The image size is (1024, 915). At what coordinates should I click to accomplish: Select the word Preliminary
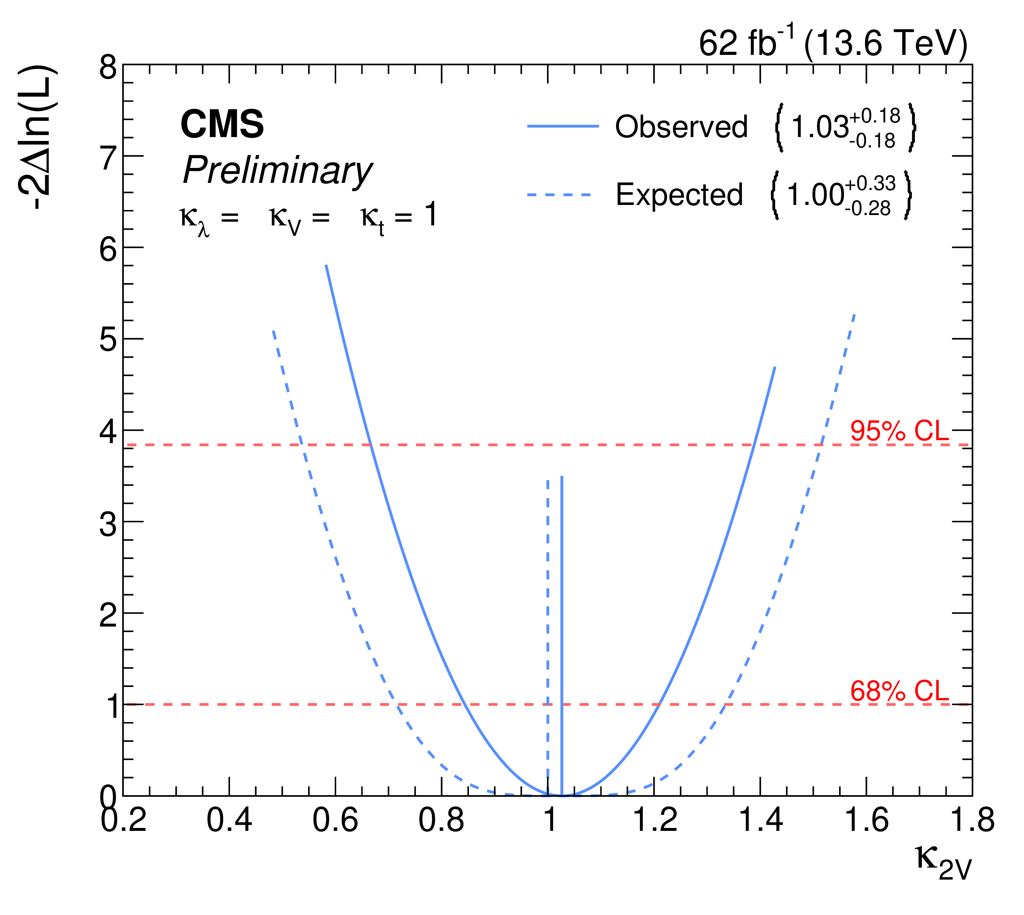pos(277,171)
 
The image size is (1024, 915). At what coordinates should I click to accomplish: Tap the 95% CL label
pos(899,431)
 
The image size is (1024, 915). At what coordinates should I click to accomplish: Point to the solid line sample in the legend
pos(563,126)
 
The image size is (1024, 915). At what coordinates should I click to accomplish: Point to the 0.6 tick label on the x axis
pos(335,834)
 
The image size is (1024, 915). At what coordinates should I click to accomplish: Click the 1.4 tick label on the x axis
pos(760,834)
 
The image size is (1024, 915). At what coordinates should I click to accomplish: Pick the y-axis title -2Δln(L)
pos(38,137)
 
